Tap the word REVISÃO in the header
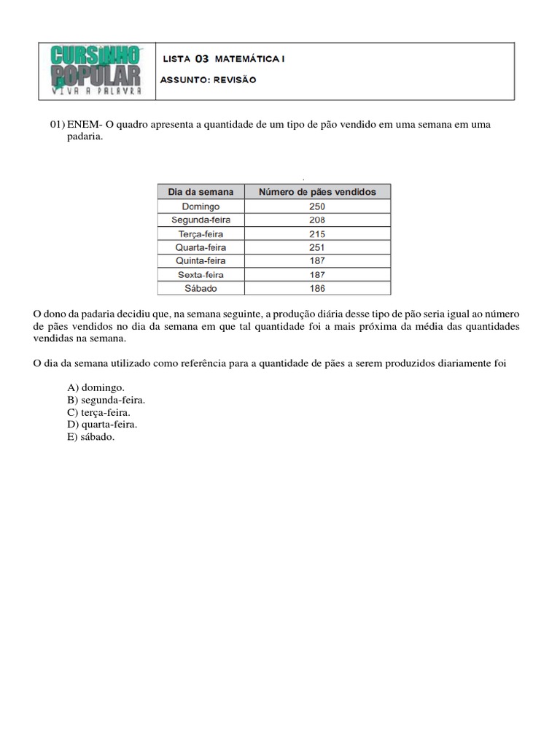point(235,80)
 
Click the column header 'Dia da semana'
point(201,192)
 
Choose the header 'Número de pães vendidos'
point(317,192)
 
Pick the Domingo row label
point(201,206)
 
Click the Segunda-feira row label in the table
point(201,220)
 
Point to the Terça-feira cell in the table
point(201,234)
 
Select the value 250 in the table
point(317,206)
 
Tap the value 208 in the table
point(317,220)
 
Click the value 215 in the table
point(317,234)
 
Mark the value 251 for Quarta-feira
point(317,247)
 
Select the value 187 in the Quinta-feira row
point(317,260)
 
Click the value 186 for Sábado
point(317,288)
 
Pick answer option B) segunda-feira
point(106,400)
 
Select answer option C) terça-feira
point(99,412)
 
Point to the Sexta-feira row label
point(201,275)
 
